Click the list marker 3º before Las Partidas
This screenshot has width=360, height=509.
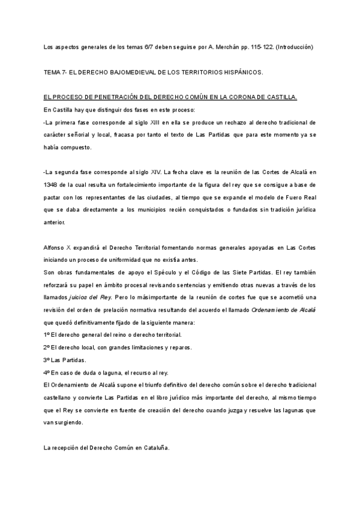(47, 361)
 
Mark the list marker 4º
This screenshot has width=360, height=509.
(47, 373)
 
